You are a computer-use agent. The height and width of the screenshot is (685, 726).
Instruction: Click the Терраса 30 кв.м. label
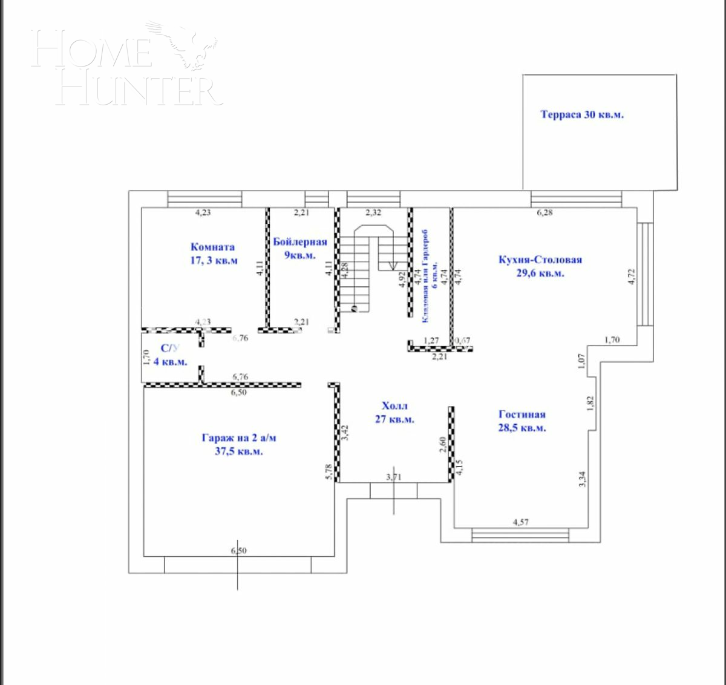point(581,114)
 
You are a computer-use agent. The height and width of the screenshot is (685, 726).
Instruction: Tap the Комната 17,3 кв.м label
point(213,254)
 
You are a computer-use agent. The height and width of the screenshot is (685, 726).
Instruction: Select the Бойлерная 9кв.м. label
point(299,248)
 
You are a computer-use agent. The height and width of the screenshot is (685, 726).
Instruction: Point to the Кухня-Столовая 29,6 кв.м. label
point(540,266)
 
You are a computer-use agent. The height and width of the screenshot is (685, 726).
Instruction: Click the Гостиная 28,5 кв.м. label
point(522,421)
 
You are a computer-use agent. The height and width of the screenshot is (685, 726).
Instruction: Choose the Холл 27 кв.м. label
point(394,412)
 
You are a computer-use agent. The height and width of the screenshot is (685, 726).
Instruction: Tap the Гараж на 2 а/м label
point(239,444)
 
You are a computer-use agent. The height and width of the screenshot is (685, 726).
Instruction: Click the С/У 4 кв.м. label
point(170,355)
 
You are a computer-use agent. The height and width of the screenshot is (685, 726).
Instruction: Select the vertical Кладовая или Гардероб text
point(430,275)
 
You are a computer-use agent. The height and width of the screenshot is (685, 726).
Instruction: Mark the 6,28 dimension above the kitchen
point(545,212)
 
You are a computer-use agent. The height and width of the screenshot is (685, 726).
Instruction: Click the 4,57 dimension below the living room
point(520,522)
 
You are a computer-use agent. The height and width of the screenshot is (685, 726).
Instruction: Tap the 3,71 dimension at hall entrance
point(393,477)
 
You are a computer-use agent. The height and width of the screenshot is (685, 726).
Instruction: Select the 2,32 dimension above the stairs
point(373,212)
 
